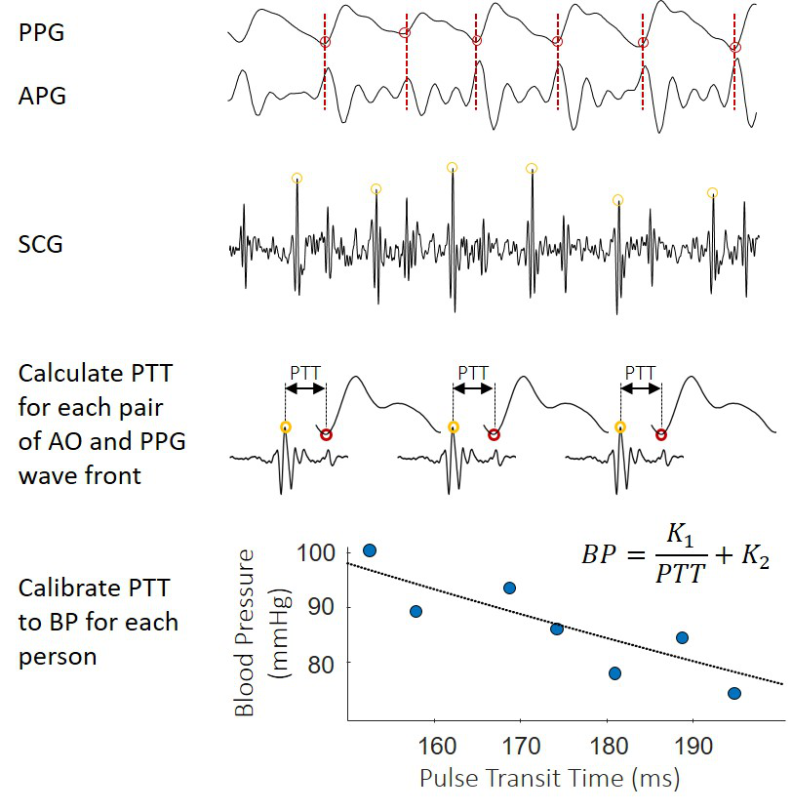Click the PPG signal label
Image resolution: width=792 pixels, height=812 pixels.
point(43,33)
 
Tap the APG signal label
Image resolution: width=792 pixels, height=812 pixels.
point(43,96)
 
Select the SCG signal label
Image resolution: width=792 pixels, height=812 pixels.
point(41,244)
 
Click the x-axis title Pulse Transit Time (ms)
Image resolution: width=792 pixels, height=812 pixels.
point(549,779)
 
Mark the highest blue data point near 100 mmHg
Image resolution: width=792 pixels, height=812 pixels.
point(370,550)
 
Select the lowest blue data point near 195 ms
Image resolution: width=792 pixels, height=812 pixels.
point(734,693)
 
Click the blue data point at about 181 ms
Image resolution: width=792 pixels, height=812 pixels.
point(614,672)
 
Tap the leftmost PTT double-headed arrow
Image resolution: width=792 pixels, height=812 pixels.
point(306,388)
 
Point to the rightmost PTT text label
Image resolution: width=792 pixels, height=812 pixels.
point(640,371)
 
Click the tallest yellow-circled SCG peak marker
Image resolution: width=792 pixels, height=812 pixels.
point(452,167)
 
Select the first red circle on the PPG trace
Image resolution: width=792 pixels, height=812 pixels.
point(326,42)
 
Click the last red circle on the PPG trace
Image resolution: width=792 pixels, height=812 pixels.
point(735,47)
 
